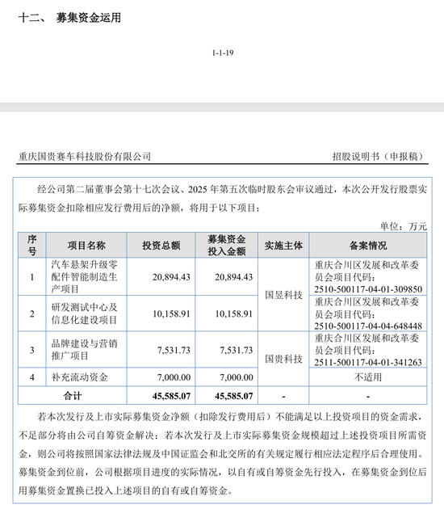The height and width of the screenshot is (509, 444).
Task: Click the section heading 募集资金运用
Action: click(x=88, y=16)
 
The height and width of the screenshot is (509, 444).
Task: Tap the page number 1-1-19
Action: click(x=222, y=52)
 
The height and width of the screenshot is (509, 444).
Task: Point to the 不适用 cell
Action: click(x=368, y=377)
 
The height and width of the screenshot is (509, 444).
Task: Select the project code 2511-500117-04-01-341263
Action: click(x=368, y=363)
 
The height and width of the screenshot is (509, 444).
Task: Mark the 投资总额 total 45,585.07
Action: click(x=167, y=396)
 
